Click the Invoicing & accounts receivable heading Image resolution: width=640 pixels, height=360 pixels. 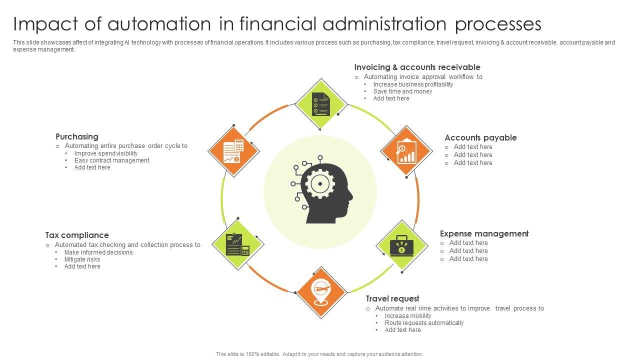(417, 67)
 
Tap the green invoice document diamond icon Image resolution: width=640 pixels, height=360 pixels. (320, 104)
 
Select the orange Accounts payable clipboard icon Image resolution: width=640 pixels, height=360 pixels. (406, 151)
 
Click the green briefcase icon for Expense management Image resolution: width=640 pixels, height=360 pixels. (401, 245)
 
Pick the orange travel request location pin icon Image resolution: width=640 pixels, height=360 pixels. (321, 292)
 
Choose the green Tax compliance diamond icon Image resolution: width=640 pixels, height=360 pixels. (237, 244)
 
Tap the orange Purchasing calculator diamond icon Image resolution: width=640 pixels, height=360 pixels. (233, 151)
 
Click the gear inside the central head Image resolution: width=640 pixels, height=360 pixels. (319, 183)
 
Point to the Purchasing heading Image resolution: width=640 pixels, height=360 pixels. (77, 136)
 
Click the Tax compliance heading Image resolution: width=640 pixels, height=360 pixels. (77, 235)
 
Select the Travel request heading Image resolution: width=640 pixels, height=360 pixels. (392, 298)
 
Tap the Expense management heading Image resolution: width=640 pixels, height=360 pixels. (484, 233)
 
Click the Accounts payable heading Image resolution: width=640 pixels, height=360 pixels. (480, 137)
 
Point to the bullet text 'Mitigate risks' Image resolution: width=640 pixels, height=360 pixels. (82, 259)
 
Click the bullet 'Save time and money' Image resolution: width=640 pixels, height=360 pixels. (402, 91)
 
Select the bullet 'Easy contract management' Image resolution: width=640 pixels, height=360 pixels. (111, 160)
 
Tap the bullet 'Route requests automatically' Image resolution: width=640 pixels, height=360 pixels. (424, 323)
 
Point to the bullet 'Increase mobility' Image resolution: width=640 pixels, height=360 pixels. (408, 316)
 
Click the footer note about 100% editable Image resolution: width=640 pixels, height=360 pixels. (319, 354)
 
